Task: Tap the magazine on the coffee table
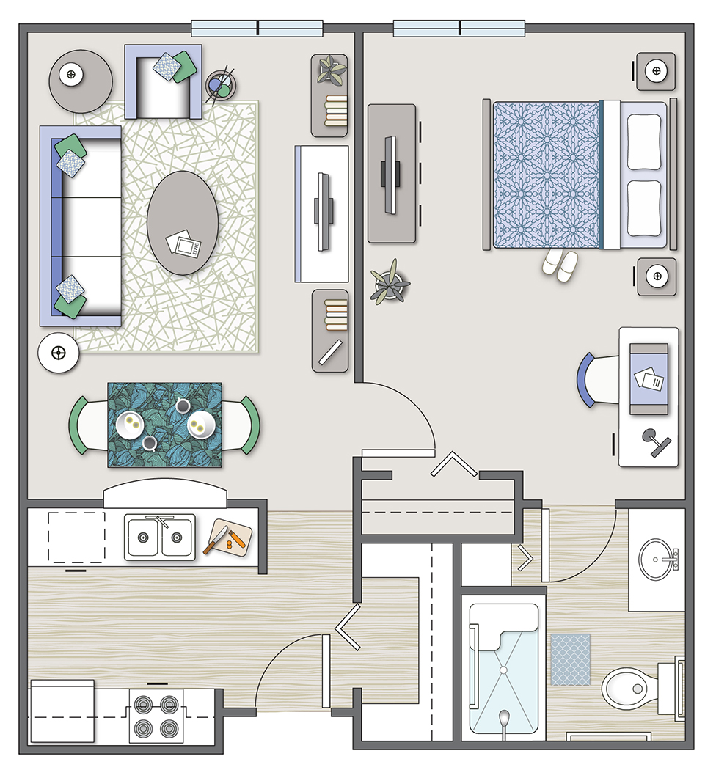(x=182, y=244)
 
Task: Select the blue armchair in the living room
(x=163, y=82)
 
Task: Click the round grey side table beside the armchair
(x=81, y=80)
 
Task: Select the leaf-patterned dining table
(x=165, y=424)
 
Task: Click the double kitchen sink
(x=160, y=538)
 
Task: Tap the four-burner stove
(x=156, y=715)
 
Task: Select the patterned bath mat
(x=570, y=659)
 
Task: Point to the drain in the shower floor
(x=504, y=670)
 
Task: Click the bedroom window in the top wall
(x=459, y=29)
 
